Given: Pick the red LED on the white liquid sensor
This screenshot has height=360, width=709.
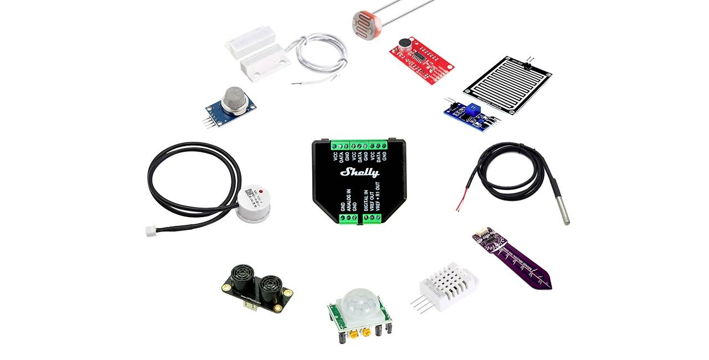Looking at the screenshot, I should pyautogui.click(x=260, y=191).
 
